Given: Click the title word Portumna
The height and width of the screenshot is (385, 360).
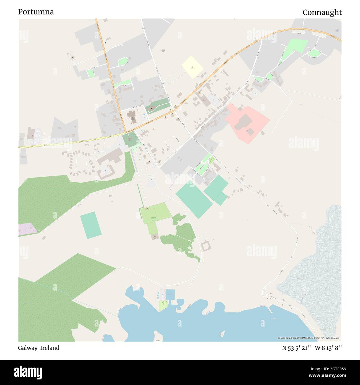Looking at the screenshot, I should pos(36,12).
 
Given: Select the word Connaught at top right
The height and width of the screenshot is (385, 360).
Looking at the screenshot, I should pos(322,12).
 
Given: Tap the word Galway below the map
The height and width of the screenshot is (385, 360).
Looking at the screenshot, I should pos(28,348).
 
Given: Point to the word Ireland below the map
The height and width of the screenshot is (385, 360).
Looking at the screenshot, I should pos(50,348).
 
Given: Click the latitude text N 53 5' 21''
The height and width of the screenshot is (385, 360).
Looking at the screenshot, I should pos(297,348).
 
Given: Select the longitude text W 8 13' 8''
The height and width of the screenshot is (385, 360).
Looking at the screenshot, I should pos(328,348).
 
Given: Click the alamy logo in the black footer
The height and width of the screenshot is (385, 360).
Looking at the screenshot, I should pos(28,372).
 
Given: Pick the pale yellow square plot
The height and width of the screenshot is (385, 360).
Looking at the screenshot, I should pos(193,67).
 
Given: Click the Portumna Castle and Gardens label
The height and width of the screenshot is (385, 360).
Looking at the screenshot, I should pos(154,219).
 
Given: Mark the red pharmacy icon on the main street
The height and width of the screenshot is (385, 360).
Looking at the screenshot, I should pos(166,117).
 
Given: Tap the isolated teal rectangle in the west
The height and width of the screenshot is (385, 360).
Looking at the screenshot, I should pos(91,225).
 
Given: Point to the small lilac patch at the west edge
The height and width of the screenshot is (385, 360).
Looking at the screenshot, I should pos(27,230).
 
